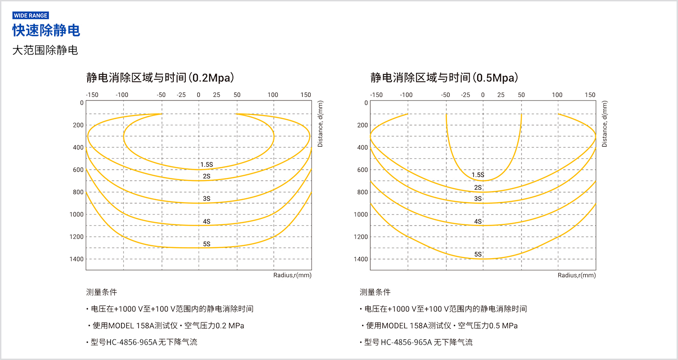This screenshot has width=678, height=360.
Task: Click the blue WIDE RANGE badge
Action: pyautogui.click(x=31, y=16)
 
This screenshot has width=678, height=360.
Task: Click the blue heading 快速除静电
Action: pyautogui.click(x=46, y=31)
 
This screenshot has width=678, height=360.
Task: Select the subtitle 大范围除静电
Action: pyautogui.click(x=45, y=50)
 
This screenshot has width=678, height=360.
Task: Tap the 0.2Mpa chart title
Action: pyautogui.click(x=160, y=77)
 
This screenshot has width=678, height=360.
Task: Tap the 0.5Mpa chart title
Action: pyautogui.click(x=445, y=77)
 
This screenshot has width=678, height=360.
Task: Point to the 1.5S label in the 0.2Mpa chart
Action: pyautogui.click(x=206, y=164)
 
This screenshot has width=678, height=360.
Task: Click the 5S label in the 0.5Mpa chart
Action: pyautogui.click(x=478, y=254)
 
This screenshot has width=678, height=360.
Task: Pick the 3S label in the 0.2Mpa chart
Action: pyautogui.click(x=206, y=199)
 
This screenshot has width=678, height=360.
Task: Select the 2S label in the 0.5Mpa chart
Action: pyautogui.click(x=478, y=188)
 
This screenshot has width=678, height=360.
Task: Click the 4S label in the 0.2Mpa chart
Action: pyautogui.click(x=206, y=222)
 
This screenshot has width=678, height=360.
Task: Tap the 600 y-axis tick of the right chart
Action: pyautogui.click(x=362, y=170)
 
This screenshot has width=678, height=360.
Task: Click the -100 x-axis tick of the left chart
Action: pyautogui.click(x=122, y=95)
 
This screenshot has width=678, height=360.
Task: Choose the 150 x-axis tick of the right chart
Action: pyautogui.click(x=590, y=95)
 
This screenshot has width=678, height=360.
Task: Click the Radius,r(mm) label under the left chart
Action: pyautogui.click(x=292, y=275)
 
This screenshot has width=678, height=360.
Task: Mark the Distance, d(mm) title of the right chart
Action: pyautogui.click(x=604, y=124)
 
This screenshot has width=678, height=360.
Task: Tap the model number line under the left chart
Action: pyautogui.click(x=142, y=342)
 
